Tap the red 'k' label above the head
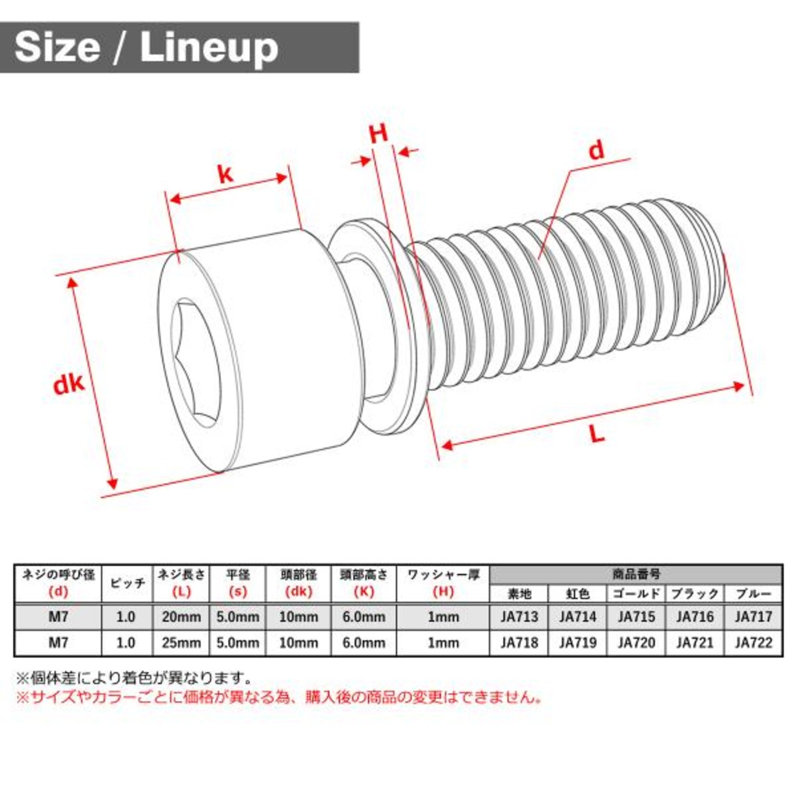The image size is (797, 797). tap(225, 174)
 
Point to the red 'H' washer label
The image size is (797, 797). tap(379, 133)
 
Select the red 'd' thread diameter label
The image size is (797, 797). tap(597, 150)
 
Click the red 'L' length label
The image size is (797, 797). tap(597, 434)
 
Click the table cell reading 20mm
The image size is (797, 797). tap(181, 617)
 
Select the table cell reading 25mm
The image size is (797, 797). tap(181, 643)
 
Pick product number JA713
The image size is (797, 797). tap(519, 617)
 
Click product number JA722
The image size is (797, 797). tap(753, 643)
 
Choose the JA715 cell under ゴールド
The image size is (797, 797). tap(636, 617)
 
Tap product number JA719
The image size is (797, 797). tap(577, 643)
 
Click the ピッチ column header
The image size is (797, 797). tap(128, 583)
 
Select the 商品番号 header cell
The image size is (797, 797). tap(636, 574)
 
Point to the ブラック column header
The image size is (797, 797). tap(695, 593)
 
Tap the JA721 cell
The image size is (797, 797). tap(695, 643)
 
